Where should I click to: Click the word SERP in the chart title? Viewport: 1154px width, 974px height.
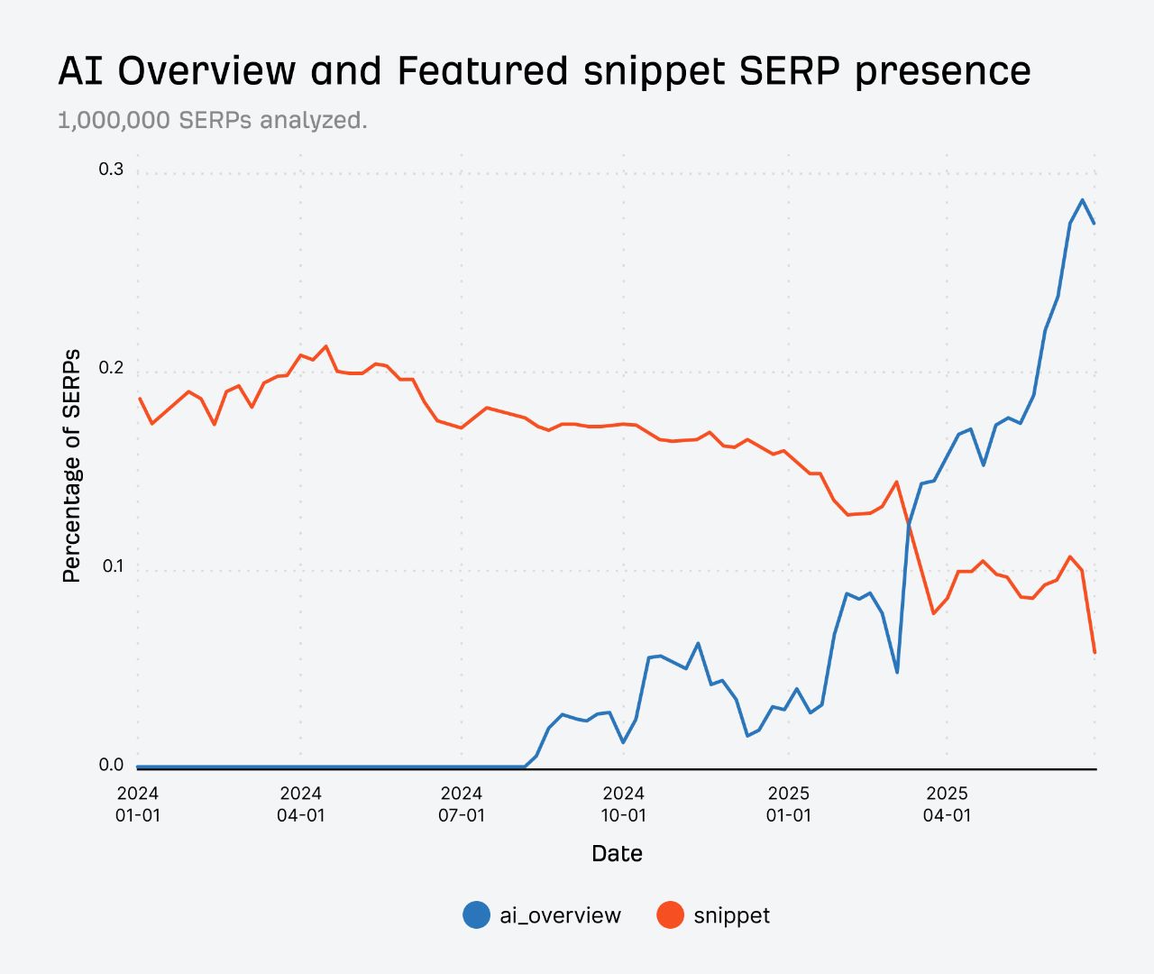point(790,70)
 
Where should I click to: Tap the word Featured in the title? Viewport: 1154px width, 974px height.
point(482,70)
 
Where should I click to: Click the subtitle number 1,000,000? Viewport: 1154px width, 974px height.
point(114,120)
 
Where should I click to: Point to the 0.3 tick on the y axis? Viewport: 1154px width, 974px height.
point(111,170)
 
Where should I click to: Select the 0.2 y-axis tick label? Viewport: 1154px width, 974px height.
point(111,368)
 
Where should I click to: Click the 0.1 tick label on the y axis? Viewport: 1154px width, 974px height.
point(111,566)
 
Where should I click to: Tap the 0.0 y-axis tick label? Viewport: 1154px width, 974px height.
point(111,765)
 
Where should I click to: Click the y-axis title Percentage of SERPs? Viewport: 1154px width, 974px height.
point(71,465)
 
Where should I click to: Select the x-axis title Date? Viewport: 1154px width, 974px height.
point(617,853)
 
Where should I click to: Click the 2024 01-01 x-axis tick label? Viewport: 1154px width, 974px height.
point(137,804)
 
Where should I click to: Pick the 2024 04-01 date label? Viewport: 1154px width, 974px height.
point(300,804)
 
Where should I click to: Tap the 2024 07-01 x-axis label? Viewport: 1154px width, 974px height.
point(462,804)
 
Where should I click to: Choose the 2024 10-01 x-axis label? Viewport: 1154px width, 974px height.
point(623,804)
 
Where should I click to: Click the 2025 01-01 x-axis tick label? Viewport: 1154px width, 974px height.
point(789,804)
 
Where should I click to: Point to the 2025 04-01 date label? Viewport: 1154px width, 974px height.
point(947,804)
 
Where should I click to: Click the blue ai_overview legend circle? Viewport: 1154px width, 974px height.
point(476,915)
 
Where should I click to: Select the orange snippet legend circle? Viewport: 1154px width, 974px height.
point(670,915)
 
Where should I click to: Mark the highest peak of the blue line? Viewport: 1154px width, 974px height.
point(1082,200)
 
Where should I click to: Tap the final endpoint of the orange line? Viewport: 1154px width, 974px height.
point(1094,652)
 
